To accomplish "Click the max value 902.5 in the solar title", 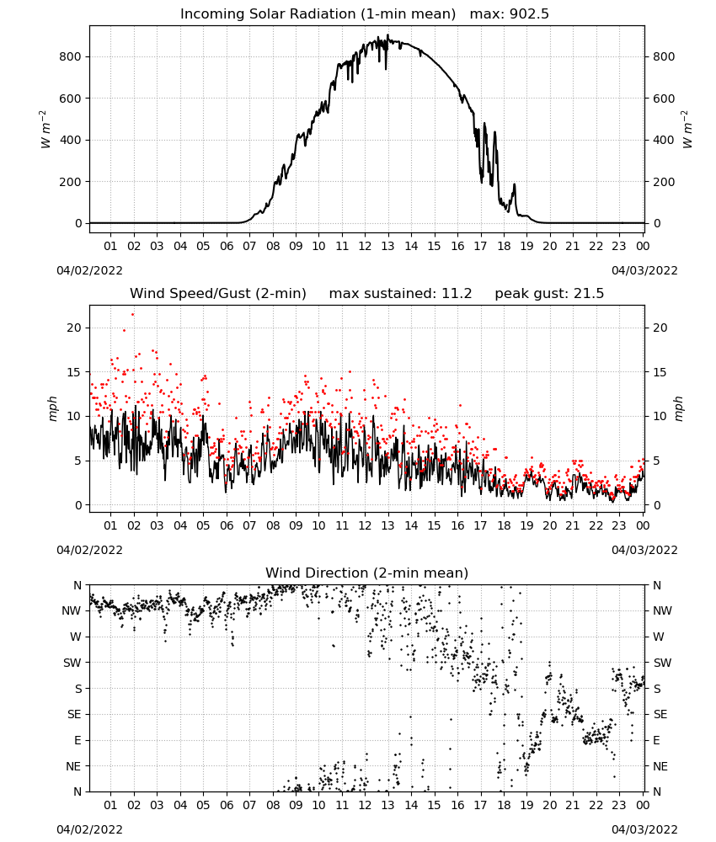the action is pyautogui.click(x=529, y=14).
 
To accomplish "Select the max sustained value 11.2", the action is pyautogui.click(x=457, y=294).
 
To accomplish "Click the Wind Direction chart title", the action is pyautogui.click(x=367, y=573).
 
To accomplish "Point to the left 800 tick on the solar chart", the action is pyautogui.click(x=71, y=57).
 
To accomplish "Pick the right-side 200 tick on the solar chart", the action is pyautogui.click(x=664, y=182).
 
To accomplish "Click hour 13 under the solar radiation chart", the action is pyautogui.click(x=387, y=246).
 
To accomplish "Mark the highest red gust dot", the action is pyautogui.click(x=133, y=315).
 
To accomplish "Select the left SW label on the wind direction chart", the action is pyautogui.click(x=72, y=663).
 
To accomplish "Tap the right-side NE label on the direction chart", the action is pyautogui.click(x=660, y=766).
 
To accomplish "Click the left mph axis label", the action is pyautogui.click(x=52, y=408).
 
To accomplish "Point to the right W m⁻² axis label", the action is pyautogui.click(x=687, y=130).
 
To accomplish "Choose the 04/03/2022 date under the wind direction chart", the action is pyautogui.click(x=644, y=829).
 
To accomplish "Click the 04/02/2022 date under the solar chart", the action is pyautogui.click(x=89, y=270).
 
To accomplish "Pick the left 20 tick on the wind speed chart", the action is pyautogui.click(x=74, y=328).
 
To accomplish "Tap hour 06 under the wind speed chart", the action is pyautogui.click(x=227, y=525).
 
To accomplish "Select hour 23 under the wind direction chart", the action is pyautogui.click(x=619, y=805).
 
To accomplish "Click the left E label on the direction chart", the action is pyautogui.click(x=77, y=740).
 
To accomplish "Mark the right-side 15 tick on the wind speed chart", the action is pyautogui.click(x=660, y=372).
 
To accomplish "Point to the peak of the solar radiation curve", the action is pyautogui.click(x=387, y=35).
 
